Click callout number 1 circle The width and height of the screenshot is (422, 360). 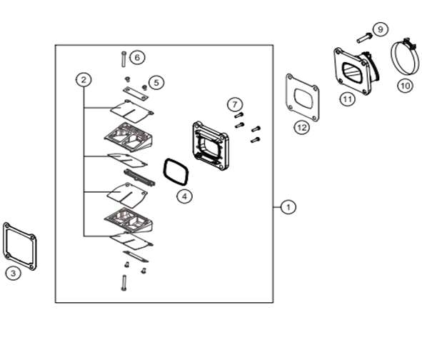point(288,207)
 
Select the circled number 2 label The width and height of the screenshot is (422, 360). point(84,80)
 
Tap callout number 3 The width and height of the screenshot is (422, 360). point(13,274)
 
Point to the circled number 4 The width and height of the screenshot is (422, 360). point(184,196)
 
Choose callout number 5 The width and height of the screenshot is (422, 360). point(156,82)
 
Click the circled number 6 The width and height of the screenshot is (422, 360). point(137,57)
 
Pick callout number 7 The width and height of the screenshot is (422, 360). point(235,104)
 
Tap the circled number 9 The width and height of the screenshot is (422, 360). point(381,29)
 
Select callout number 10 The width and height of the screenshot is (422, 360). point(405,86)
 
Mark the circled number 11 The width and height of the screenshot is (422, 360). point(347,99)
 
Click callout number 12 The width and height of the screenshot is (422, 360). point(302,127)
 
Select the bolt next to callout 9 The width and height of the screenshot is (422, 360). point(364,39)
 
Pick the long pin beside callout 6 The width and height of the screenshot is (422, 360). point(124,59)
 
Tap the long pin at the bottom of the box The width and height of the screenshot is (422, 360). point(124,283)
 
